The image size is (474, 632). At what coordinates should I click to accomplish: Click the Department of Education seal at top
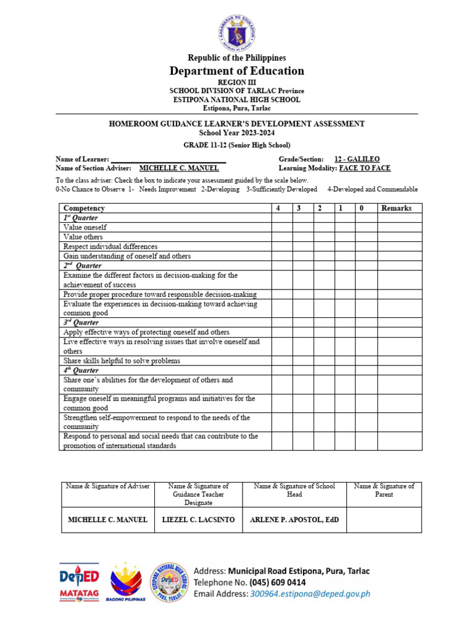click(237, 29)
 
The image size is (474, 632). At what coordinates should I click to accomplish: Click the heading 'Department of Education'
click(237, 71)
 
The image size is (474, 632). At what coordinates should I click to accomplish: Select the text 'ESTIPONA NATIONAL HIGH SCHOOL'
click(237, 99)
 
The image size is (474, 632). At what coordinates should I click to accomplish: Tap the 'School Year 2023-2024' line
click(237, 133)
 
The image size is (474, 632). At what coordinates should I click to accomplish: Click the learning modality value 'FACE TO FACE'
click(365, 168)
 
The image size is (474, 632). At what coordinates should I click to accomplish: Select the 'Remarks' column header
click(396, 209)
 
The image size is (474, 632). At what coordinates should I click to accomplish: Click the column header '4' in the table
click(278, 209)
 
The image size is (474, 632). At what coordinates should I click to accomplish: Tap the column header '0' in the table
click(362, 209)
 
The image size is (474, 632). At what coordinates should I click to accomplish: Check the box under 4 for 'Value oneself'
click(282, 228)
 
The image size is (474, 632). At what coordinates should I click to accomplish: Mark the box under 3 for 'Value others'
click(303, 237)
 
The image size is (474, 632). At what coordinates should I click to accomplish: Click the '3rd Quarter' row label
click(81, 322)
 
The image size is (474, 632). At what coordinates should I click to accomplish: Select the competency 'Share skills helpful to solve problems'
click(122, 360)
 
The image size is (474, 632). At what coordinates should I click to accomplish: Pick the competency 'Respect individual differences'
click(110, 246)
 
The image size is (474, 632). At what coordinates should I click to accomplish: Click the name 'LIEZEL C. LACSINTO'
click(197, 520)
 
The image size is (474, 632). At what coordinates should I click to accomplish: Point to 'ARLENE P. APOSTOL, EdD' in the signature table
click(292, 520)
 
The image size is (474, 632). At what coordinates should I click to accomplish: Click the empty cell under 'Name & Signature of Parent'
click(384, 520)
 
